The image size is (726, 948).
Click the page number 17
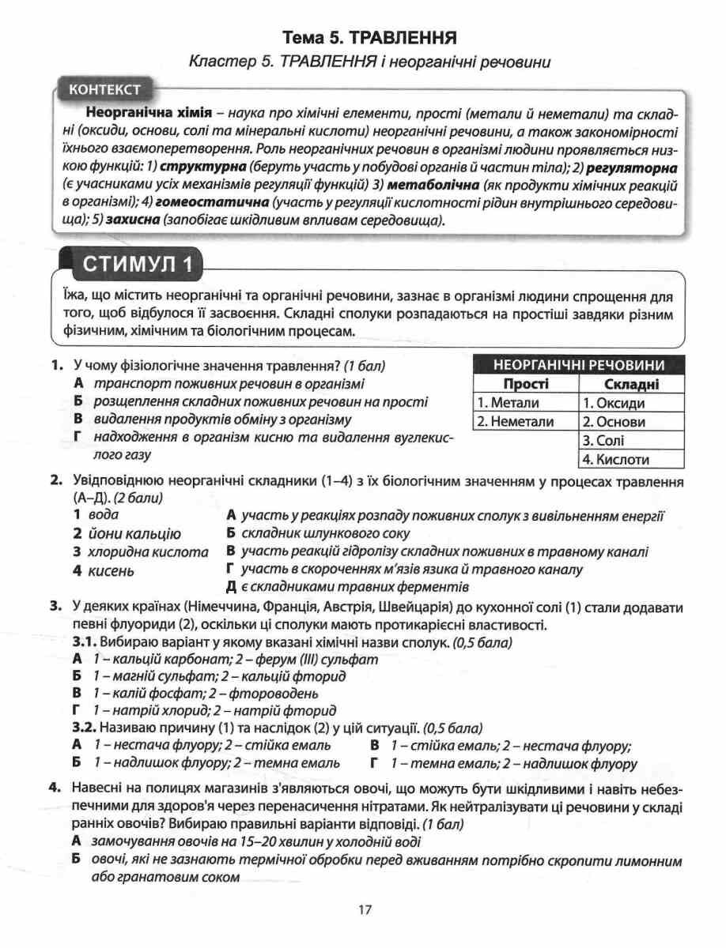[x=364, y=910]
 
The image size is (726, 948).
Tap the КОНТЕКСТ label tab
[x=104, y=89]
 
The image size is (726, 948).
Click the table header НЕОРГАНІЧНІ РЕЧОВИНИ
[x=577, y=365]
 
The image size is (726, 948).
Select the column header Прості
[x=525, y=384]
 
